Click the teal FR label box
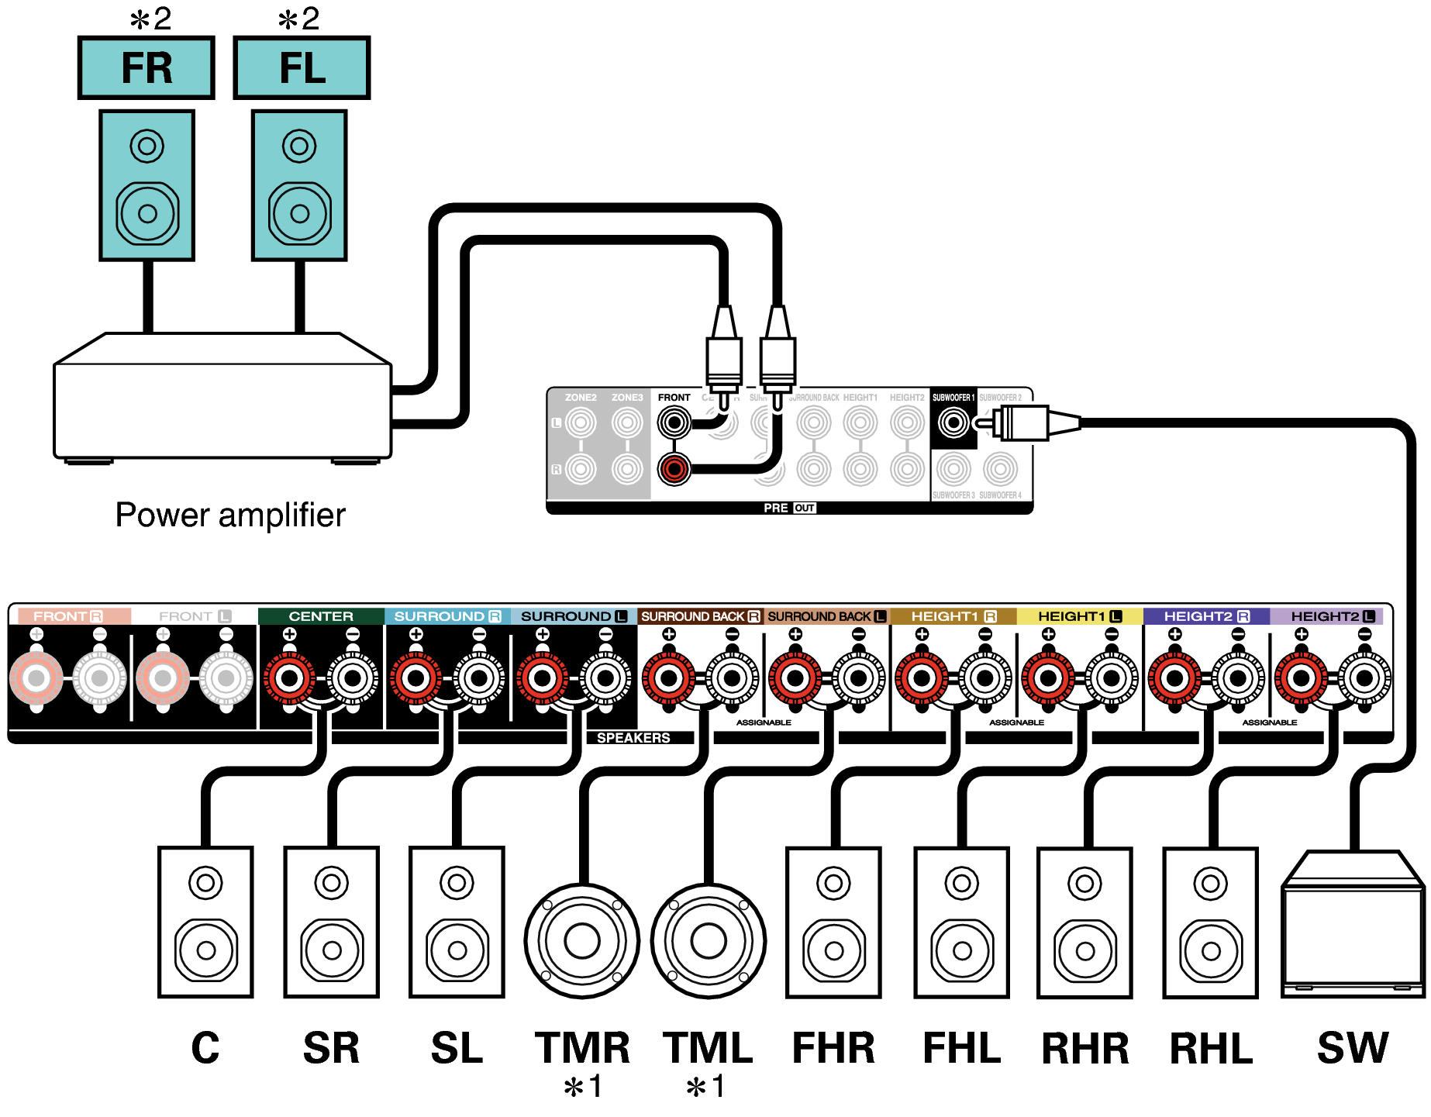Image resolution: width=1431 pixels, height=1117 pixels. [146, 67]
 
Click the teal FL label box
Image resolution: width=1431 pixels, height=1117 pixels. [302, 67]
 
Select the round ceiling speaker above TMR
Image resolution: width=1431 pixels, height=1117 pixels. [581, 940]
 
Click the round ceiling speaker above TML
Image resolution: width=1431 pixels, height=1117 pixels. [708, 940]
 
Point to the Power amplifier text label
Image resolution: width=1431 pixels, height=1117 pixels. [230, 515]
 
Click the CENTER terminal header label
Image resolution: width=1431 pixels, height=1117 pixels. [321, 616]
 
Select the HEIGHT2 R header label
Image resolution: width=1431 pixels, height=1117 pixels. [1206, 616]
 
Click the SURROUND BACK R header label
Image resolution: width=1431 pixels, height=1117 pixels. [700, 616]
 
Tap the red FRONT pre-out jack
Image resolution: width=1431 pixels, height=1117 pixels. [674, 468]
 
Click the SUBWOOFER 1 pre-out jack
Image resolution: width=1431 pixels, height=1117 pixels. [953, 423]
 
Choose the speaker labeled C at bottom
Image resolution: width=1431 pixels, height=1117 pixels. [205, 922]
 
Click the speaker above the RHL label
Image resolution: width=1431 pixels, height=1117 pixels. [1210, 922]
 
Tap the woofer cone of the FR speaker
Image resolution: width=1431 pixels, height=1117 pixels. [147, 212]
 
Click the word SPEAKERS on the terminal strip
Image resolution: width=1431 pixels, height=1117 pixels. [633, 738]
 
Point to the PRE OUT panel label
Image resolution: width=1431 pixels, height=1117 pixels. [788, 508]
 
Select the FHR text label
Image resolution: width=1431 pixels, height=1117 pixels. [833, 1048]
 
